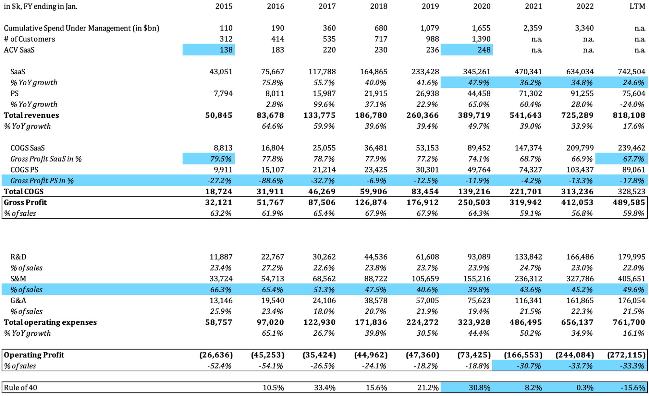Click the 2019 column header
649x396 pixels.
coord(430,6)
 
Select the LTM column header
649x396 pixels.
coord(637,6)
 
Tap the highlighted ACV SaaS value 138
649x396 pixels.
coord(226,50)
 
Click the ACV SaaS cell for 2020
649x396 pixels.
coord(484,50)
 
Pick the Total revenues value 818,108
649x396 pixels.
coord(629,115)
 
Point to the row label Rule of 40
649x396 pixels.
coord(20,388)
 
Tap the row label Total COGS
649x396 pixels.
coord(24,192)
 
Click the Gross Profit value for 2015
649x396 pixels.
coord(219,203)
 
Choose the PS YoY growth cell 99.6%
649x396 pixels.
coord(324,104)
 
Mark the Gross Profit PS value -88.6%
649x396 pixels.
coord(272,181)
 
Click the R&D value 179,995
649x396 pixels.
coord(631,257)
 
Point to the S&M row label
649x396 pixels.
coord(18,279)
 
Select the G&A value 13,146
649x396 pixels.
coord(221,300)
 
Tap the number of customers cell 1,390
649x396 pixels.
coord(481,39)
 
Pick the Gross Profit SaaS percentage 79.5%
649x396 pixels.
coord(221,159)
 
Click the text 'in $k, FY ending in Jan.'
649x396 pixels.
coord(41,6)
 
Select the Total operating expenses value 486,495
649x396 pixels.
coord(526,322)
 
